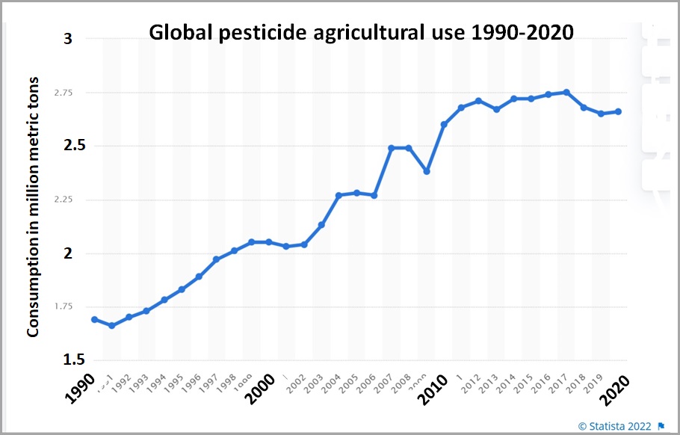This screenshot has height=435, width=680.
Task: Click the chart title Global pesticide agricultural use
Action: click(x=361, y=34)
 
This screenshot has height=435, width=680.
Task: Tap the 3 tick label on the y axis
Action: click(x=68, y=39)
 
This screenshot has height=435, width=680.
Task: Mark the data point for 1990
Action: click(x=94, y=319)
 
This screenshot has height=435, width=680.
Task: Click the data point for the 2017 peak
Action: click(x=566, y=92)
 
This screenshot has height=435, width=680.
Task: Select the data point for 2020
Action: click(x=618, y=111)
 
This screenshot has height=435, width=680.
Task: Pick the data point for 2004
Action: click(x=339, y=195)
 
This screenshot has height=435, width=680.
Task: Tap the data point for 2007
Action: click(x=391, y=148)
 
